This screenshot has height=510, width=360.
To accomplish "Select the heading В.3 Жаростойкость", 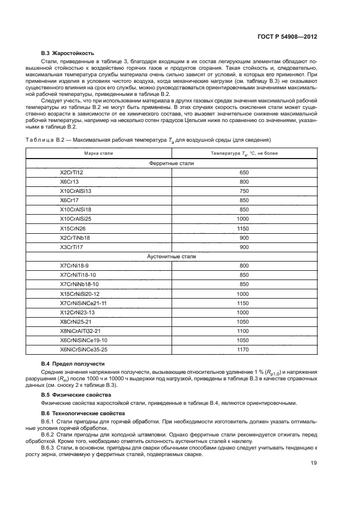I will (x=68, y=53).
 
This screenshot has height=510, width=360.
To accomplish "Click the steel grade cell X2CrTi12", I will (x=72, y=172).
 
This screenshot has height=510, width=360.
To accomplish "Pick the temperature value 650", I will (x=244, y=172).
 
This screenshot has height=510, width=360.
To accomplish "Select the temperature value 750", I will (x=244, y=191).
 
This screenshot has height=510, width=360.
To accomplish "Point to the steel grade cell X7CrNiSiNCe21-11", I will (x=83, y=302).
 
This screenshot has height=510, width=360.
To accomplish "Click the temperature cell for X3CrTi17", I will (x=244, y=246).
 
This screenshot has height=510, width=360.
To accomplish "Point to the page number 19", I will (x=314, y=463).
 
